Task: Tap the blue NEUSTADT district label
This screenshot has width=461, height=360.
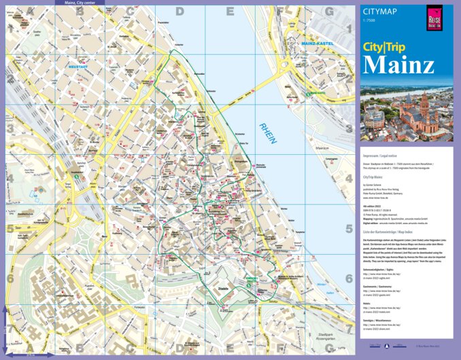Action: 78,67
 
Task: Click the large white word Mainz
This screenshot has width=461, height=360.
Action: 398,65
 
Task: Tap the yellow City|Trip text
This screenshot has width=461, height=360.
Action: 389,48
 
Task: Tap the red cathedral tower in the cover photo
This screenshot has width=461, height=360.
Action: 424,109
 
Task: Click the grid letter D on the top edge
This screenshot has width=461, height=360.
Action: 180,11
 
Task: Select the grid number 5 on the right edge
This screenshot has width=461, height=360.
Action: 349,229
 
